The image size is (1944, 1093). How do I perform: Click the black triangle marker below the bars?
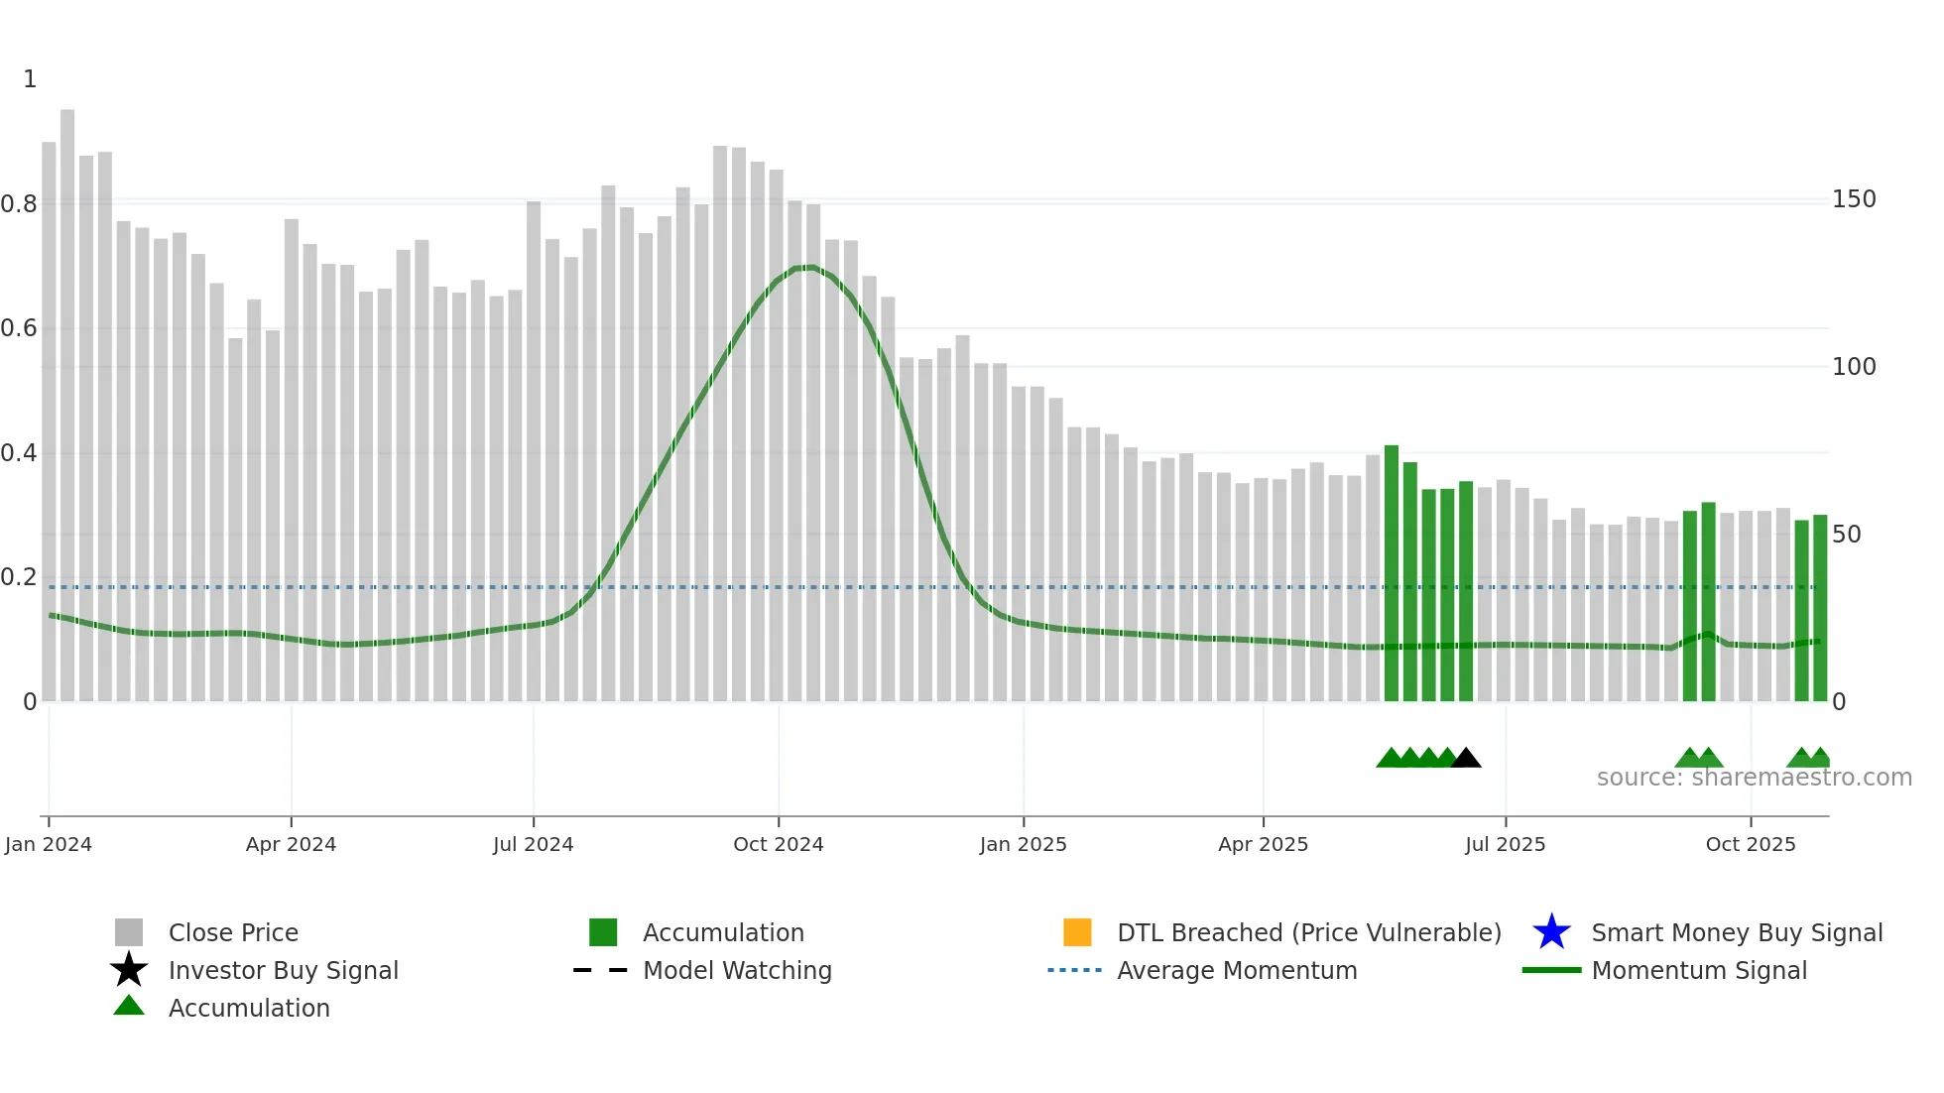point(1466,759)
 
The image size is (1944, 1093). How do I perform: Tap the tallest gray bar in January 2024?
point(67,397)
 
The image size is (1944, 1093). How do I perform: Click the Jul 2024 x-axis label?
point(533,844)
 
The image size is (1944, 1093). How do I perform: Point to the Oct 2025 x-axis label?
point(1751,844)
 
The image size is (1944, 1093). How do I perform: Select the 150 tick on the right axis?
point(1854,199)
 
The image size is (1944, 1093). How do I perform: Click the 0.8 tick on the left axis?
point(20,204)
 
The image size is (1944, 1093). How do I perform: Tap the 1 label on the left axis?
point(30,79)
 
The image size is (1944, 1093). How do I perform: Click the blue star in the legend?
point(1551,932)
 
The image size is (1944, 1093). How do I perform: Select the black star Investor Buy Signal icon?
point(129,970)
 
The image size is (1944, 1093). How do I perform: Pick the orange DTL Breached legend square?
point(1077,932)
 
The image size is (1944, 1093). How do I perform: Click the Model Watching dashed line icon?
point(601,970)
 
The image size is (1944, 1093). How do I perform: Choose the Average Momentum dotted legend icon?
point(1075,970)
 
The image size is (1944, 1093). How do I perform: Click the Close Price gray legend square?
point(129,932)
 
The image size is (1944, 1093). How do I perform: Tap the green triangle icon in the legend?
point(129,1006)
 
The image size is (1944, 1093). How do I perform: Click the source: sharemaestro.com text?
point(1754,778)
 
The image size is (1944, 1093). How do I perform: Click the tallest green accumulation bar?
point(1392,575)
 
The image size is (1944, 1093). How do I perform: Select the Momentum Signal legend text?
point(1699,970)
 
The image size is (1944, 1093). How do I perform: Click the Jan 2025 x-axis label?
point(1023,844)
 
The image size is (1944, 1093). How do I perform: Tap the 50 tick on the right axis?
point(1846,535)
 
